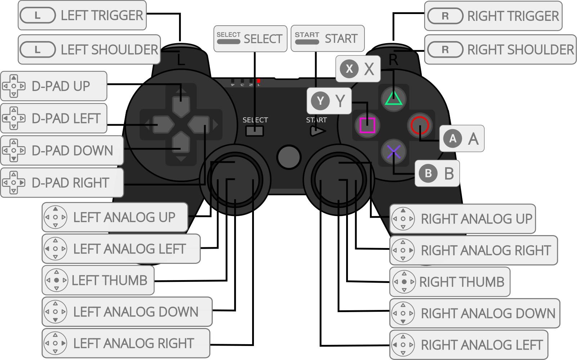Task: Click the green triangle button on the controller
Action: [x=393, y=98]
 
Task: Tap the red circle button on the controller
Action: [x=420, y=125]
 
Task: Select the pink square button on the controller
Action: [x=367, y=125]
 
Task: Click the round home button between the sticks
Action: [x=288, y=157]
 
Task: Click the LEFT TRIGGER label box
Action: [x=82, y=15]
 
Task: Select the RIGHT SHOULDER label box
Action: [x=500, y=50]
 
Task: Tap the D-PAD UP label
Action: [x=54, y=86]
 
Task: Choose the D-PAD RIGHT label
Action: [x=62, y=183]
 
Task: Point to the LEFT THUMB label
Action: [x=98, y=280]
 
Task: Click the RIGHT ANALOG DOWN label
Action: [x=475, y=313]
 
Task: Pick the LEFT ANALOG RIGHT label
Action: [x=126, y=343]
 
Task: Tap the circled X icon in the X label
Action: [x=349, y=68]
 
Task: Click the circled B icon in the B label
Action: [x=428, y=174]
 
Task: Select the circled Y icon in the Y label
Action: [x=320, y=101]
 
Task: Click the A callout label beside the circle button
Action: [x=462, y=139]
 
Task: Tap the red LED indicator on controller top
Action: [x=259, y=81]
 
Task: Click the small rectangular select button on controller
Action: [x=255, y=131]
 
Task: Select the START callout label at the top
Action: [x=327, y=39]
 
